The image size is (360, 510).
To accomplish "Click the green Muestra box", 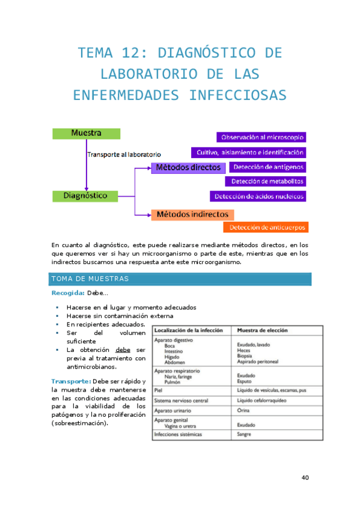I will (x=85, y=133).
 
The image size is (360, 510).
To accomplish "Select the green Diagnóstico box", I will (x=85, y=195).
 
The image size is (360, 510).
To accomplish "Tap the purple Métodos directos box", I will (x=188, y=167).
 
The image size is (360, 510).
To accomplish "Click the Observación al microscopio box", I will (x=262, y=137).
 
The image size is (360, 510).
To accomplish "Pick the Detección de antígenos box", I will (x=268, y=167).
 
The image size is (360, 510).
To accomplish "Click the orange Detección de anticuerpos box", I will (x=266, y=227).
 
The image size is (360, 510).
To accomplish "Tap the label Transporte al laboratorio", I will (x=124, y=154).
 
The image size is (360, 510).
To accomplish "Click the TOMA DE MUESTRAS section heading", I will (x=90, y=279).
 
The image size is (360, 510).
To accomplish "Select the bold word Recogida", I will (x=67, y=293).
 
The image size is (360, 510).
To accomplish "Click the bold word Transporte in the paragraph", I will (x=71, y=381).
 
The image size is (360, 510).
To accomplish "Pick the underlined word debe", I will (x=123, y=349).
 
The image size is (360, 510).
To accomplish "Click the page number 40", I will (x=305, y=478).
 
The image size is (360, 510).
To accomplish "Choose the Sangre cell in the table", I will (x=244, y=434).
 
